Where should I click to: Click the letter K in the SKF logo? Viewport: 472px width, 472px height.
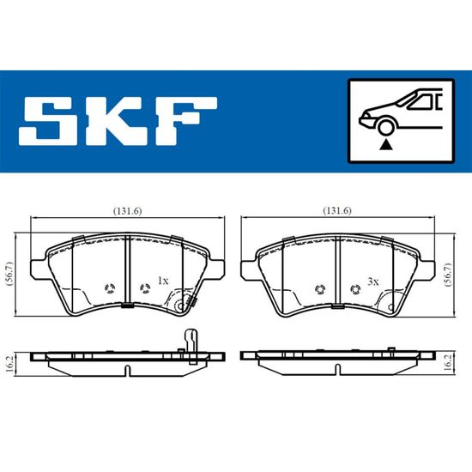[x=113, y=122]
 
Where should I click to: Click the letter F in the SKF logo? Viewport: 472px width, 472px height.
[x=185, y=122]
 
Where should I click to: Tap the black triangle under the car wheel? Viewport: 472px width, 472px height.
[x=386, y=145]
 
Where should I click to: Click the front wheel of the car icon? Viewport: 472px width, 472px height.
[x=386, y=127]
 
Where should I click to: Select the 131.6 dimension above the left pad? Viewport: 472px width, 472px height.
[x=127, y=211]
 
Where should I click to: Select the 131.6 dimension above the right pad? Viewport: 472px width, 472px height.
[x=337, y=211]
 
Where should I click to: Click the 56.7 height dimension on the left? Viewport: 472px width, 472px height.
[x=9, y=274]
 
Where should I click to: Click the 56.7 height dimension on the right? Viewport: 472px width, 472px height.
[x=449, y=275]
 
